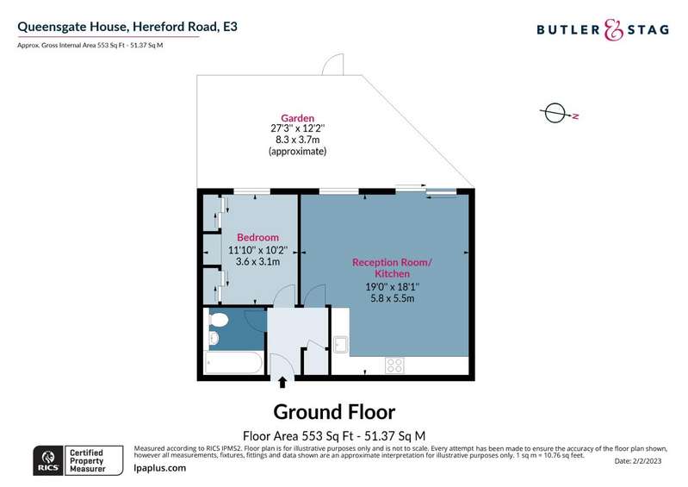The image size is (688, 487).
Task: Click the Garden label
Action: [x=297, y=118]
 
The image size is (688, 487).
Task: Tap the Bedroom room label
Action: [x=257, y=238]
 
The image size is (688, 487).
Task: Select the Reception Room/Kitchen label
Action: [x=393, y=268]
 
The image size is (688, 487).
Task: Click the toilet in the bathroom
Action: [x=219, y=319]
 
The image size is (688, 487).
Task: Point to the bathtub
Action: [x=234, y=363]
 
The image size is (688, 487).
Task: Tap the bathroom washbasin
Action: [x=214, y=338]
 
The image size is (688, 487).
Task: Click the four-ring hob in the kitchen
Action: [x=394, y=365]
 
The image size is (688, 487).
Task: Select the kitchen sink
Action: [x=341, y=344]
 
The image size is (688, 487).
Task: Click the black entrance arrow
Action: [x=282, y=383]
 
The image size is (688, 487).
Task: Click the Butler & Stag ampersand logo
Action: [x=613, y=30]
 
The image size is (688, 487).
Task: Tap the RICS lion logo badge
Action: [x=47, y=460]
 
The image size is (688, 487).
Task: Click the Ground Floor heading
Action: [x=334, y=412]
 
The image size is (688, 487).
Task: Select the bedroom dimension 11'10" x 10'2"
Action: [x=257, y=250]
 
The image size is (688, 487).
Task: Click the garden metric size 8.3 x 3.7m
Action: [x=297, y=140]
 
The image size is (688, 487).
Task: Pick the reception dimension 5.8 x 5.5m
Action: [x=393, y=298]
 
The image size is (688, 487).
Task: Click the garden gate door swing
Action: [x=332, y=64]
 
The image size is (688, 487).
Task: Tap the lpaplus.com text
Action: [x=159, y=468]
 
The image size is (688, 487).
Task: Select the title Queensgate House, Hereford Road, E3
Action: [x=127, y=27]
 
